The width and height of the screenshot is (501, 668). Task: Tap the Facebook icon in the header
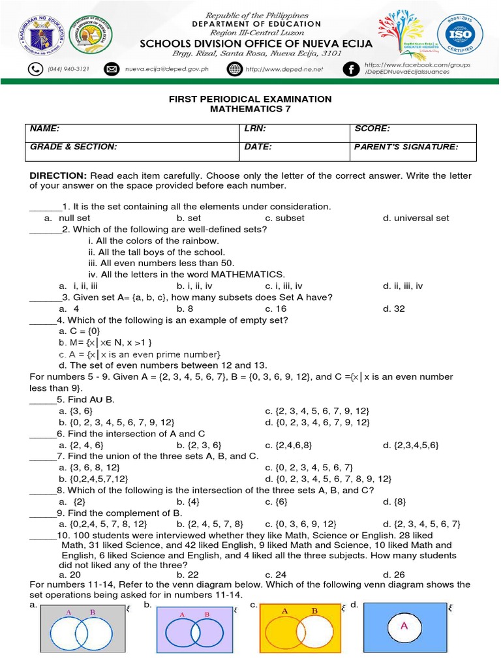352,69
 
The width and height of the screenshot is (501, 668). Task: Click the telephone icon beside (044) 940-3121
35,69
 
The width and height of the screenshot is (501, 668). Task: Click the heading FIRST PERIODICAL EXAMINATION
250,99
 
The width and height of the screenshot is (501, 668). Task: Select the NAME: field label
45,129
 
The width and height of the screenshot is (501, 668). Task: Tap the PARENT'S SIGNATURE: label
406,147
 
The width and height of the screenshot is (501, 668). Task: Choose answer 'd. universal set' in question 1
416,218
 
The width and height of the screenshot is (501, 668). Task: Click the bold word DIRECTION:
58,176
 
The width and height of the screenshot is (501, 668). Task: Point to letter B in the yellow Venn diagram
314,611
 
